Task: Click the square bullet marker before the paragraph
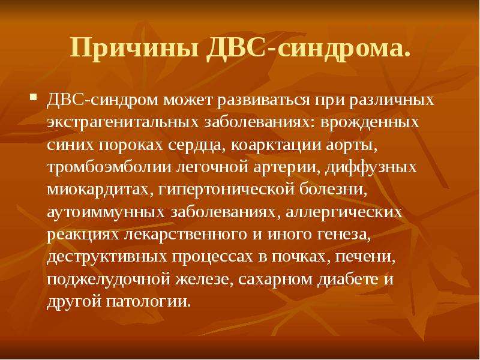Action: pos(34,98)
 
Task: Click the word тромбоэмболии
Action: pos(109,167)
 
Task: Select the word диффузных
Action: pos(371,167)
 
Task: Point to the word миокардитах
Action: pos(100,190)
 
